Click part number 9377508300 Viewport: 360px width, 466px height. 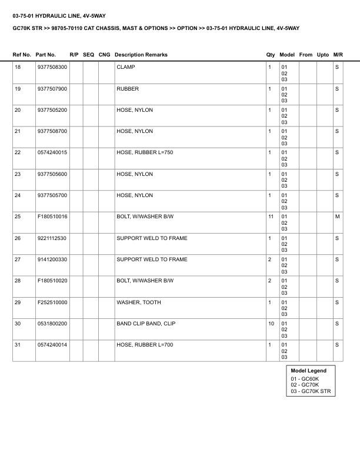point(52,68)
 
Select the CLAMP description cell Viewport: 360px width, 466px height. point(126,68)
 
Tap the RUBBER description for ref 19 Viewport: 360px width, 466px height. point(128,89)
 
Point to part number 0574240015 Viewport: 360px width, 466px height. point(52,152)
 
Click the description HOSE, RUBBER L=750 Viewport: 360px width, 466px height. point(145,152)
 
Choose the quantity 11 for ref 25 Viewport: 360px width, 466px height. point(271,217)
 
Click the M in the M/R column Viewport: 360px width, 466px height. point(337,217)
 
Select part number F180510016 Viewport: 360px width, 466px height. point(52,217)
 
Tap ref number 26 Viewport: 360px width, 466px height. point(18,238)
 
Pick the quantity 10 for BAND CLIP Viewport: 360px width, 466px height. point(271,323)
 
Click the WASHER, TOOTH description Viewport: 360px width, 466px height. point(138,302)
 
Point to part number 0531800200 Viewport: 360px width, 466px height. point(52,323)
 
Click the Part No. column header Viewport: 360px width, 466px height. point(46,55)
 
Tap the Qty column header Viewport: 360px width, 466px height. point(271,55)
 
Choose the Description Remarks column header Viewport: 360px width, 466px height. point(141,55)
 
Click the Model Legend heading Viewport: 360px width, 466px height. point(309,371)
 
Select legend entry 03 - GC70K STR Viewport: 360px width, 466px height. point(311,391)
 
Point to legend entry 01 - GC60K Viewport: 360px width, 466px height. point(305,378)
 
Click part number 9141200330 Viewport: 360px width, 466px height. point(52,259)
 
